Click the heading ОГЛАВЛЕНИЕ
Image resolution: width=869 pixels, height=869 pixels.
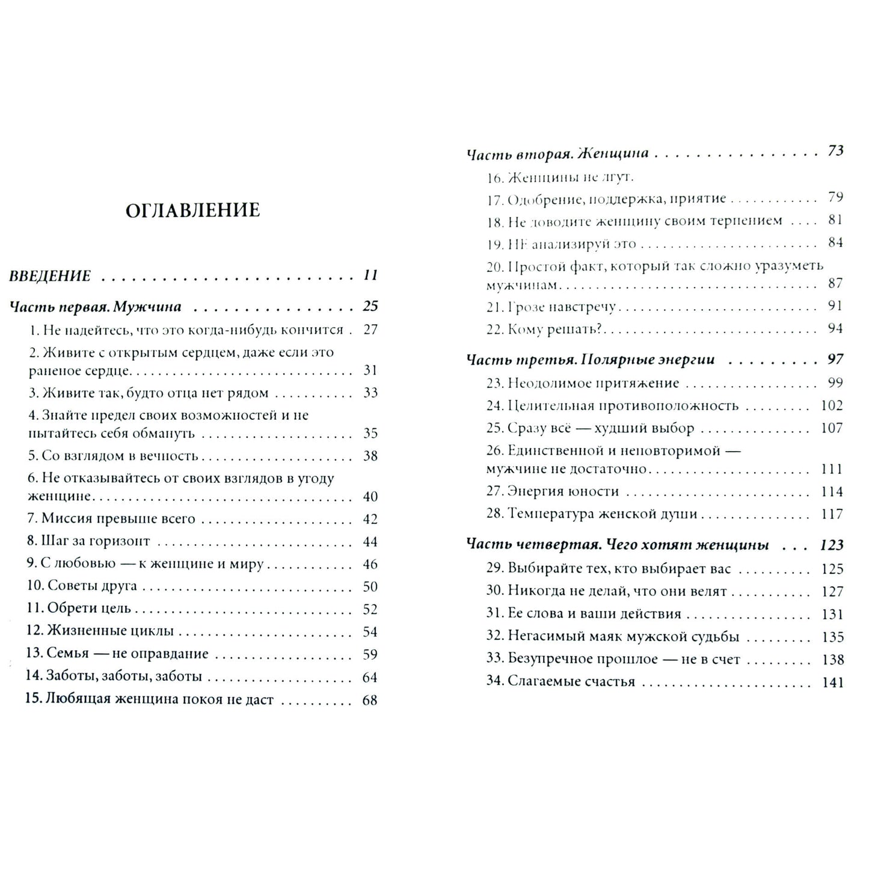192,210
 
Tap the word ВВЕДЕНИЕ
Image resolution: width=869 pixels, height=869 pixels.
50,276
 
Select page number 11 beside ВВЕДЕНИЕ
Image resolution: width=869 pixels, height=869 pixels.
370,275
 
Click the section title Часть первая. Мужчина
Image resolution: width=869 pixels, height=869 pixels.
96,307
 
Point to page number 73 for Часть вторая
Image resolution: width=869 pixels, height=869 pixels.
835,152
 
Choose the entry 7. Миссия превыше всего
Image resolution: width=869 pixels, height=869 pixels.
111,519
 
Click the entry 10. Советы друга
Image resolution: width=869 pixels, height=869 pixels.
81,586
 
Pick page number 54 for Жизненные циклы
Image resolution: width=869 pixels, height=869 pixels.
370,632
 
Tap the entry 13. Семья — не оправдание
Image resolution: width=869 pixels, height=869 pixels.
117,654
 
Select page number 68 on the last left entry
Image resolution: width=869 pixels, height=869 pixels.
370,701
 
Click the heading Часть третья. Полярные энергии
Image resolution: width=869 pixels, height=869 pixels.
591,360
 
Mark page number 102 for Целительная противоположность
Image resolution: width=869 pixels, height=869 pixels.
832,406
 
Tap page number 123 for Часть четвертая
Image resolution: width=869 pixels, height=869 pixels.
832,545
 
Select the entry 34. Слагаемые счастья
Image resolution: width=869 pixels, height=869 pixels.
560,682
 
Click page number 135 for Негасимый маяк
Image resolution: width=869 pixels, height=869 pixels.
832,637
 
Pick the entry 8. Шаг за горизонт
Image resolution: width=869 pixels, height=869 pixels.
88,541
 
